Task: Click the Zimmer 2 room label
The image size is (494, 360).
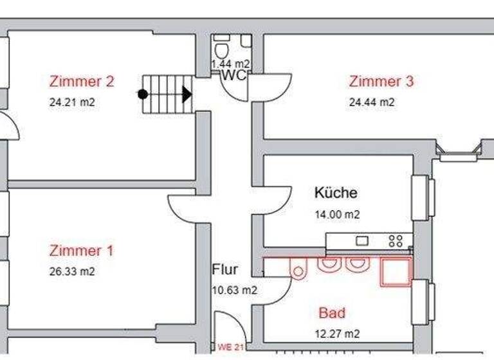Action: coord(82,82)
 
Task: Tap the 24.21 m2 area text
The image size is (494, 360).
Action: coord(72,102)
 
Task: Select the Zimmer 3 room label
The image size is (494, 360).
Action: coord(381,82)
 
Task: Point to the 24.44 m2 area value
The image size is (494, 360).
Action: coord(372,102)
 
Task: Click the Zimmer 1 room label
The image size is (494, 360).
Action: coord(82,251)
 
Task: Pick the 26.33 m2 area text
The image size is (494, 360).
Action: coord(72,271)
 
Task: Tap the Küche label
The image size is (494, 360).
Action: coord(335,192)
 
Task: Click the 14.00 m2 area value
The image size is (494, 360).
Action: coord(337,215)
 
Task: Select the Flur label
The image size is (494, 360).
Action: coord(225,269)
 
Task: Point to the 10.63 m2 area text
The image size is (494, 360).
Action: coord(235,290)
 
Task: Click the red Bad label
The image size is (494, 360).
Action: coord(332,313)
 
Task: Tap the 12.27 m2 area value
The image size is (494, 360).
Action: coord(338,334)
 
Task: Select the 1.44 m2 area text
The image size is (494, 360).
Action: coord(231,64)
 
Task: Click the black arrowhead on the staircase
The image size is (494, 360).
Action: coord(187,94)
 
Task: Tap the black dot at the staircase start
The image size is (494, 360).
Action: coord(143,94)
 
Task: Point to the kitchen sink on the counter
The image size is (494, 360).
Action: coord(362,241)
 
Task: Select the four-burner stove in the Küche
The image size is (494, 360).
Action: coord(396,241)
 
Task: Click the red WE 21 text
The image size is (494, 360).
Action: coord(230,348)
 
